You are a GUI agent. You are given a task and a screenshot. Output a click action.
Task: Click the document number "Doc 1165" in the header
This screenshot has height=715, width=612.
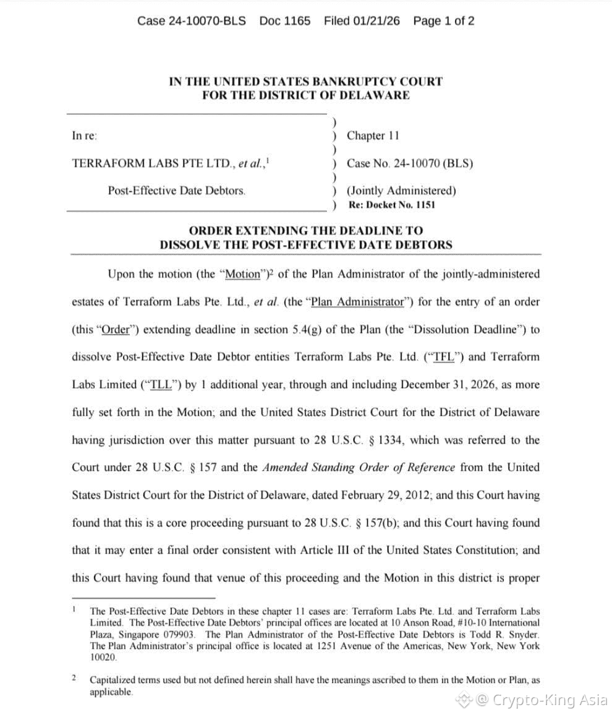pos(285,21)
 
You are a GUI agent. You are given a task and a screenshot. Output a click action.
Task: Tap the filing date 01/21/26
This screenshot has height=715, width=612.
pos(376,21)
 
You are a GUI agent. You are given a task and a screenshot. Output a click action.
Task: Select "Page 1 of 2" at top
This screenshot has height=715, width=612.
pos(444,21)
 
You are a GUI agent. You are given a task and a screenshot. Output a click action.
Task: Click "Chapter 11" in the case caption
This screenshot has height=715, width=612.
pos(373,135)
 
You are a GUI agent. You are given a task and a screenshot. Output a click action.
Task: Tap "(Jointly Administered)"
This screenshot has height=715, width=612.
pos(401,191)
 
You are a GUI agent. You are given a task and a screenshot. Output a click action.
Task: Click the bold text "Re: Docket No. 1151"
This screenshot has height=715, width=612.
pos(391,205)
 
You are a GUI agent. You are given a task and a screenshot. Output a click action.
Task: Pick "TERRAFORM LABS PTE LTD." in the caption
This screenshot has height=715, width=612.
pos(154,164)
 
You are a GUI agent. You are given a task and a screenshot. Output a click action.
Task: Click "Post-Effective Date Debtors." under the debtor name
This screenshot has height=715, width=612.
pos(177,191)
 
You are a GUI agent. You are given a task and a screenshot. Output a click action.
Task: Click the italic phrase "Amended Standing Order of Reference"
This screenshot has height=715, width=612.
pos(359,468)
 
